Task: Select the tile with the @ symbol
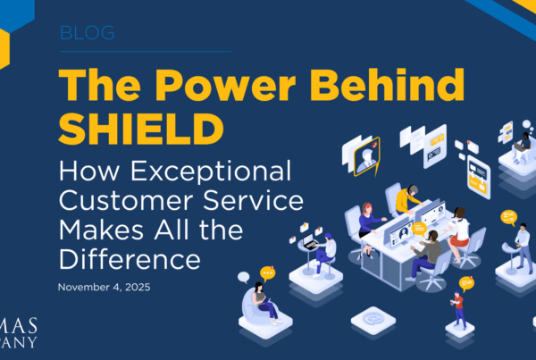366,318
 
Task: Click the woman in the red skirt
458,228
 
